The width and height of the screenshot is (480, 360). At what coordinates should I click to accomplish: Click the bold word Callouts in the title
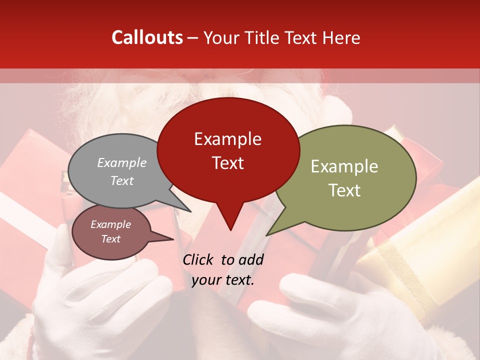[x=147, y=37]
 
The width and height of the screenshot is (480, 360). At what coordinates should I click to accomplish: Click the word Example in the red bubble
[x=227, y=139]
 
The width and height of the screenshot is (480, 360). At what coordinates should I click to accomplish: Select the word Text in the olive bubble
[x=344, y=190]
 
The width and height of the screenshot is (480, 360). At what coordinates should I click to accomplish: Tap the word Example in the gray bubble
[x=122, y=163]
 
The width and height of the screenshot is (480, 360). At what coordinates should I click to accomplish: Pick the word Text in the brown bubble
[x=111, y=239]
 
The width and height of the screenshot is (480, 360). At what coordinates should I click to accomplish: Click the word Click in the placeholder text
[x=198, y=259]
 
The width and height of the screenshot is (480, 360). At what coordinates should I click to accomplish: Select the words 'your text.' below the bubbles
[x=223, y=280]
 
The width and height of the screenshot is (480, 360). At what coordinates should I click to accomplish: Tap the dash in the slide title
[x=193, y=37]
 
